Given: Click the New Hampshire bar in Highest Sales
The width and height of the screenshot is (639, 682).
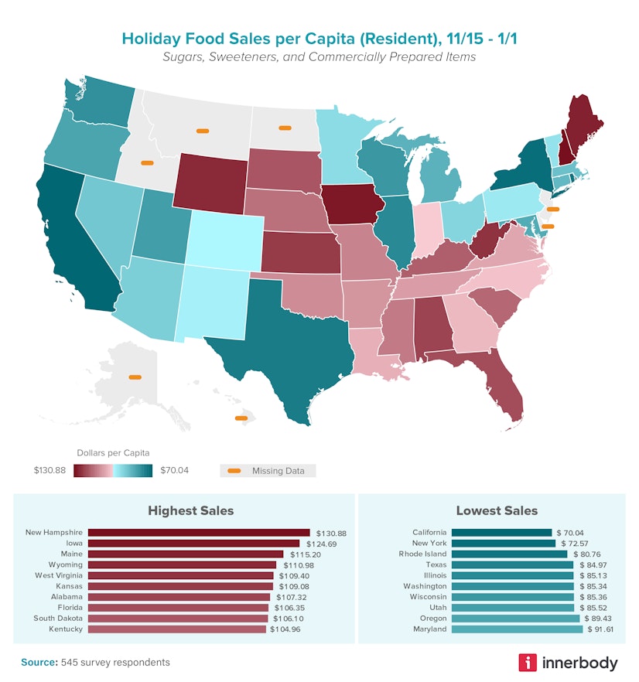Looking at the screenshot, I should (198, 533).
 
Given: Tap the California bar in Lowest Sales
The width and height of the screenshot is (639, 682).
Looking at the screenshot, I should (501, 533).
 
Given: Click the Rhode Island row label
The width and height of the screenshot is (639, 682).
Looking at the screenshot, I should (423, 554).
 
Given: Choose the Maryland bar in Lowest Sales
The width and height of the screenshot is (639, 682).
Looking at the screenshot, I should (517, 629).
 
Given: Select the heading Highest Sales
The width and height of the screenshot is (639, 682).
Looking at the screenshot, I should (190, 510).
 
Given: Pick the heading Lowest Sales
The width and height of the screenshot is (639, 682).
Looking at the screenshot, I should (497, 510).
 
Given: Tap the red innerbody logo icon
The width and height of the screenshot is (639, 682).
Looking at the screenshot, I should (528, 663).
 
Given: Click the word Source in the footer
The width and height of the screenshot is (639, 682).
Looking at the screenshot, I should (37, 663).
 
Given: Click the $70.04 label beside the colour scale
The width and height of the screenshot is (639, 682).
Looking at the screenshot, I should (174, 470).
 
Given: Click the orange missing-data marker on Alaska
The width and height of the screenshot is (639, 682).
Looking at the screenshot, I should (135, 377).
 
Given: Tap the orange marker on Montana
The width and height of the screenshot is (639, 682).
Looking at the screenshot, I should (203, 131).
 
